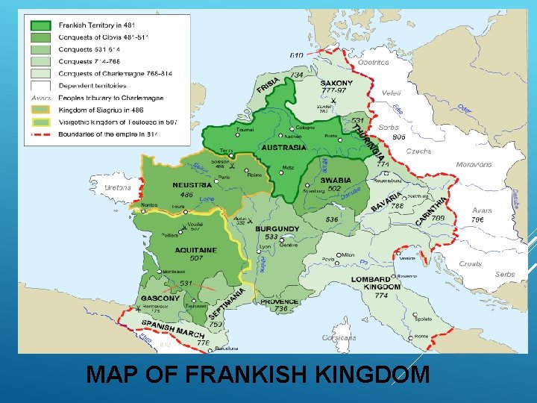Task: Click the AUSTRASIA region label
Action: click(283, 148)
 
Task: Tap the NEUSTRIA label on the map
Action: click(192, 185)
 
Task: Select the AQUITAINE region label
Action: click(195, 250)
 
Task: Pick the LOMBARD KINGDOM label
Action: click(376, 283)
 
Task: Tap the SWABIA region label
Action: click(336, 180)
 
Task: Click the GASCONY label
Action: click(160, 298)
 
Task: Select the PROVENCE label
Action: click(280, 302)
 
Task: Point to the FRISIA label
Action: click(268, 87)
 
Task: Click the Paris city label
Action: click(223, 178)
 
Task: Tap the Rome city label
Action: click(421, 336)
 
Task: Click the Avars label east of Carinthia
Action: click(482, 210)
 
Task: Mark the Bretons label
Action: click(118, 187)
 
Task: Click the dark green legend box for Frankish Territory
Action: click(40, 25)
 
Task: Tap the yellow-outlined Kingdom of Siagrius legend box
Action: click(40, 110)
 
